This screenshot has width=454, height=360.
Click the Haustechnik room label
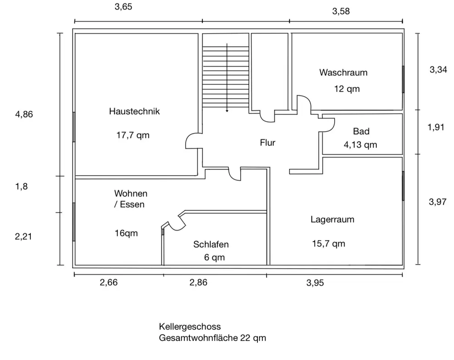[x=134, y=111]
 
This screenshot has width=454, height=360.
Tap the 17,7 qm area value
[x=133, y=135]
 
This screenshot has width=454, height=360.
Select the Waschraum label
[x=343, y=72]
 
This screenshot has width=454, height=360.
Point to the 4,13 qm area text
[x=360, y=144]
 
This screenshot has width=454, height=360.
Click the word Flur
[x=267, y=143]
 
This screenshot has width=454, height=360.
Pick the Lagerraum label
[x=332, y=220]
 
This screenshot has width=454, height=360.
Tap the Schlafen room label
[x=211, y=244]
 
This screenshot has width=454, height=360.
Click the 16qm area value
[x=126, y=233]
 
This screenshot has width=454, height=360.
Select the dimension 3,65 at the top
[x=123, y=7]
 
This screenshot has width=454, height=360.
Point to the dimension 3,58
[x=341, y=11]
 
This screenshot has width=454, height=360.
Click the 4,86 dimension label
[x=24, y=114]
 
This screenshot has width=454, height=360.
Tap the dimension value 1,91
[x=436, y=127]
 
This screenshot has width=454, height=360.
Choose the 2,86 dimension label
[x=198, y=282]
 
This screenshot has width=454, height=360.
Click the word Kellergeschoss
[x=190, y=327]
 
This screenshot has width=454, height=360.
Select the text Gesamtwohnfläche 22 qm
[x=212, y=338]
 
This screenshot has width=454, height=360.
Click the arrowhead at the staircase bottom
[x=227, y=111]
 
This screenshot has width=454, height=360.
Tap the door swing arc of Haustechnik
[x=188, y=138]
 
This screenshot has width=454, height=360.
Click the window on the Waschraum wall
[x=403, y=79]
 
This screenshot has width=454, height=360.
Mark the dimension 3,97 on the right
[x=438, y=202]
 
